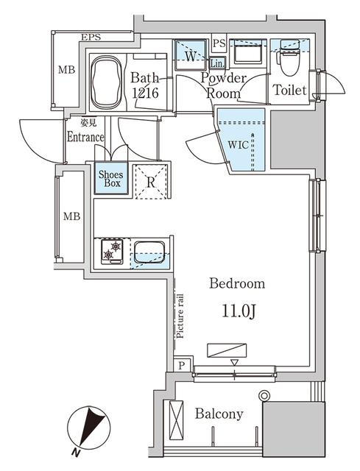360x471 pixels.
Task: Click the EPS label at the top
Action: [91, 38]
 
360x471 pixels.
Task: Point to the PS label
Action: [219, 43]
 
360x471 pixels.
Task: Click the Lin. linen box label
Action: [218, 63]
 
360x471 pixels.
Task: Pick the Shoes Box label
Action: [110, 179]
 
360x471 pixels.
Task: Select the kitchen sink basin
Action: [149, 252]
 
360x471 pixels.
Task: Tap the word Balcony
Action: [219, 414]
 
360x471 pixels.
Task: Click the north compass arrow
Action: [91, 428]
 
